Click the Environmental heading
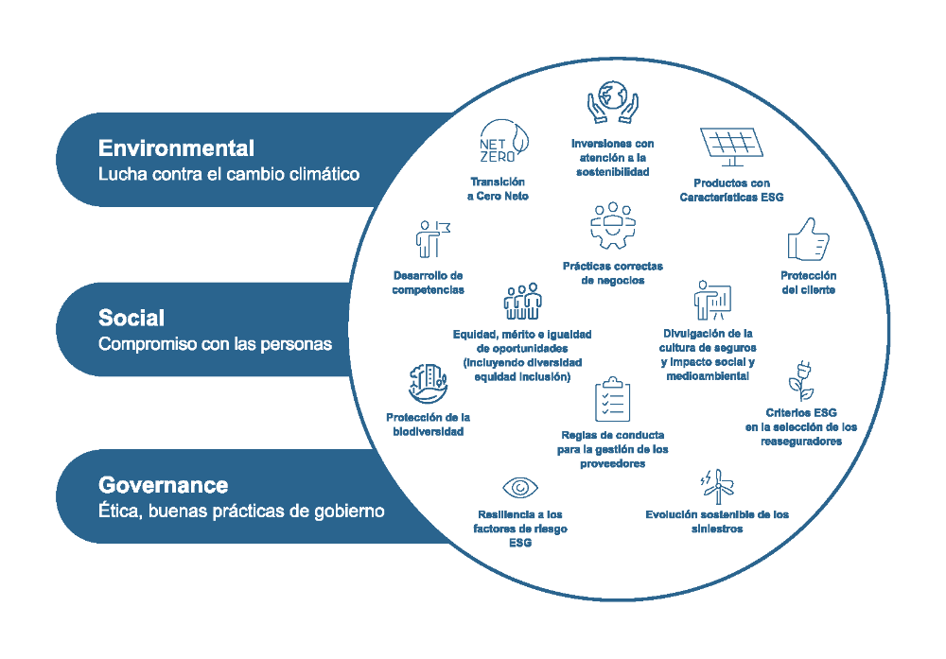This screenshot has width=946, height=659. pyautogui.click(x=176, y=148)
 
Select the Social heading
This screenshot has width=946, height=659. pyautogui.click(x=131, y=318)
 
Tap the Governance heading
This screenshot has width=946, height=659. pyautogui.click(x=163, y=485)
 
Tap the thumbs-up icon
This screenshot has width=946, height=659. pyautogui.click(x=808, y=240)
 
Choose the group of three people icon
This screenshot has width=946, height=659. pyautogui.click(x=522, y=303)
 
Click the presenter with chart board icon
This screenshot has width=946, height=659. pyautogui.click(x=711, y=301)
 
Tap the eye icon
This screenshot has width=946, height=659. pyautogui.click(x=519, y=488)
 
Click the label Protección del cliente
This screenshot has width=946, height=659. pyautogui.click(x=808, y=283)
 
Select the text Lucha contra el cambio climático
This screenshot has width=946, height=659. pyautogui.click(x=228, y=175)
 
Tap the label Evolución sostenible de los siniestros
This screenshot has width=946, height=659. pyautogui.click(x=716, y=522)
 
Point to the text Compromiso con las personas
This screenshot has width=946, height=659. pyautogui.click(x=215, y=344)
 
